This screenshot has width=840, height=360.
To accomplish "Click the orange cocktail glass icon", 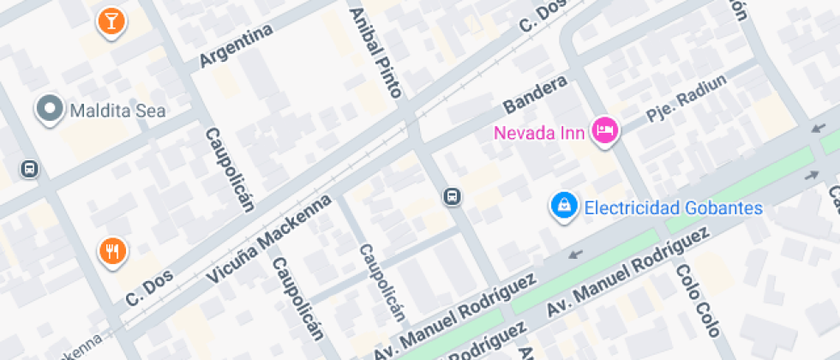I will coord(110,21).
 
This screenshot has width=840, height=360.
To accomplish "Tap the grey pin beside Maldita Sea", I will coord(50,110).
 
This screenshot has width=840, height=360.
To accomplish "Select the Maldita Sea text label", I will coord(117,111).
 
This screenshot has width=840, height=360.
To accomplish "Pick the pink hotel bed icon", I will coord(607,130).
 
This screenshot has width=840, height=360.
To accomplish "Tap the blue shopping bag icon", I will coord(564,205).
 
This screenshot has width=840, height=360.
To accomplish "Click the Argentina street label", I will coord(236,45).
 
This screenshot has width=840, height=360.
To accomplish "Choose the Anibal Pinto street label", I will coord(376,51).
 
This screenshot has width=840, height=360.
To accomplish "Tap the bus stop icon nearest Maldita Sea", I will coord(29,168).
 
